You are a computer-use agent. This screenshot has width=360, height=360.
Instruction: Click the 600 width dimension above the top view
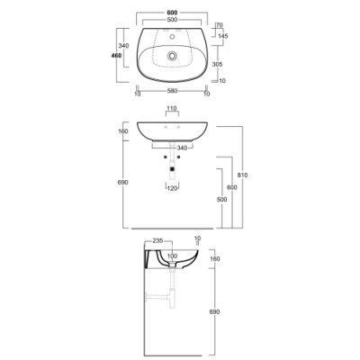[172, 13]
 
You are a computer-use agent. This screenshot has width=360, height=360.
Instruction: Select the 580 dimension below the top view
[172, 91]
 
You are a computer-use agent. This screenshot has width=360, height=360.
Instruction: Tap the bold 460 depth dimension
[116, 56]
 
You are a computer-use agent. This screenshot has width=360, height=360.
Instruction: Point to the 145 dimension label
[223, 36]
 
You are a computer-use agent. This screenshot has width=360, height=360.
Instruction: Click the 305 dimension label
[217, 64]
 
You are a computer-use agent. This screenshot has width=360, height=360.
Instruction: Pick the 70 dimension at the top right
[220, 25]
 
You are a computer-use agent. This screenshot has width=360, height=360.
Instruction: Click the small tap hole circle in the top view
[172, 37]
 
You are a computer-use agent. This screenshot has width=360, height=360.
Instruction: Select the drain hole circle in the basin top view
[172, 56]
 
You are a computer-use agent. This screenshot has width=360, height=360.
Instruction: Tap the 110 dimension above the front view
[172, 108]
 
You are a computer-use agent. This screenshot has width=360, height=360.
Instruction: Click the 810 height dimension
[242, 175]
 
